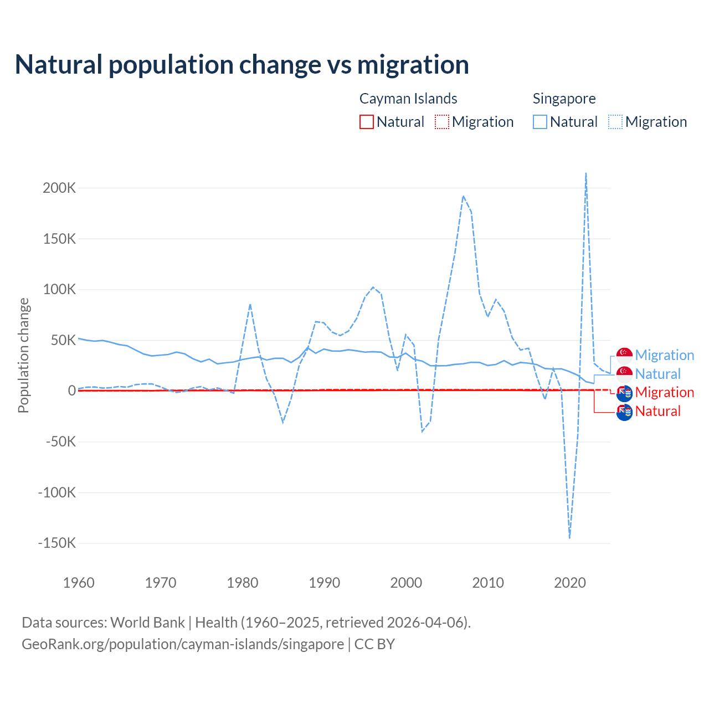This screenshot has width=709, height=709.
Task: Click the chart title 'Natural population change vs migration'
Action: coord(242,65)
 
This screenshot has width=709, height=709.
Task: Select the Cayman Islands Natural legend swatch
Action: coord(366,122)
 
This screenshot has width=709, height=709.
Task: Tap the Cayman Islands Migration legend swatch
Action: coord(441,122)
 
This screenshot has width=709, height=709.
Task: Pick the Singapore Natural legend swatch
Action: coord(540,122)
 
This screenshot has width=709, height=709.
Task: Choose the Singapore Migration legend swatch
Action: coord(615,122)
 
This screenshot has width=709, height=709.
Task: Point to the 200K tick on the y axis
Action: coord(59,188)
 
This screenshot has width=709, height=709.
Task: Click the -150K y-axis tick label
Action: coord(56,543)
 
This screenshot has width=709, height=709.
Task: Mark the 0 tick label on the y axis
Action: coord(71,391)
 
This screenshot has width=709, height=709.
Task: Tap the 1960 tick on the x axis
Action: coord(79,583)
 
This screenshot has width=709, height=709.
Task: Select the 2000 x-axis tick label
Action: coord(406,583)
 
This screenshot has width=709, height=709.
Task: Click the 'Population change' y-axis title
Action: coord(23,355)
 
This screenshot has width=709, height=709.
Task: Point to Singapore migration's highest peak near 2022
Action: coord(586,173)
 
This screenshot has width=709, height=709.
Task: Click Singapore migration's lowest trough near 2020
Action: coord(569,537)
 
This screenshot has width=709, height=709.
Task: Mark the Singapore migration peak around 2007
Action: coord(463,196)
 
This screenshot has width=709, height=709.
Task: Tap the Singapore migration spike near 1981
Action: coord(250,304)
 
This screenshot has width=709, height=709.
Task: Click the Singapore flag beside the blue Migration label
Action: coord(624,356)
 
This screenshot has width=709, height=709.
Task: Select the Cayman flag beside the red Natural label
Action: coord(624,412)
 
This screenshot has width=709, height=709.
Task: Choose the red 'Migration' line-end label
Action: coord(664,392)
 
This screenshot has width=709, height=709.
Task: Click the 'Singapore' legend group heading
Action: coord(564,99)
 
